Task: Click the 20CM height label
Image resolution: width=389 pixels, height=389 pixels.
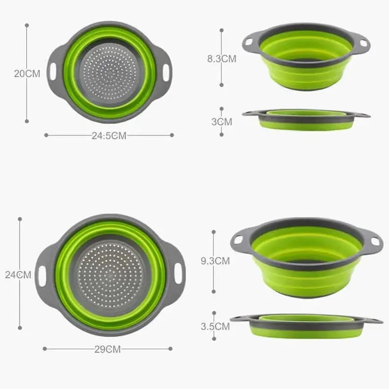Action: [x=26, y=74]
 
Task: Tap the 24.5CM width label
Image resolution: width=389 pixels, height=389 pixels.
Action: [x=108, y=136]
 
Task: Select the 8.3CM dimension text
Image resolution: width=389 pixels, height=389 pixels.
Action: [x=221, y=59]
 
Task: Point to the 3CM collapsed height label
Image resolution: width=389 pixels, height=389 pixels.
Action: [x=222, y=122]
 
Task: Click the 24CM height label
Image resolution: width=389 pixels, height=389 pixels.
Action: [x=18, y=275]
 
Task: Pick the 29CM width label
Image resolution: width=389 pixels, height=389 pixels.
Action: [x=107, y=349]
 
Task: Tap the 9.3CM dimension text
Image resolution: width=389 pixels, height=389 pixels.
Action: [x=215, y=261]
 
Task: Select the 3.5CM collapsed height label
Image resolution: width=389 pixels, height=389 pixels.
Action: [x=215, y=326]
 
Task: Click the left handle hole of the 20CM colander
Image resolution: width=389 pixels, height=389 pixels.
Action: [x=53, y=72]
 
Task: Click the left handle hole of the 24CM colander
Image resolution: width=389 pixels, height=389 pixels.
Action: [x=42, y=276]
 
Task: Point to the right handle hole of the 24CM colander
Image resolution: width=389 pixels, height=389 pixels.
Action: [x=178, y=273]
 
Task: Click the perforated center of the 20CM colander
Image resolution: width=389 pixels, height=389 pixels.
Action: [x=109, y=73]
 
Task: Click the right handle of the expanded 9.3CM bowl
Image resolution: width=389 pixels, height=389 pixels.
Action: [x=374, y=241]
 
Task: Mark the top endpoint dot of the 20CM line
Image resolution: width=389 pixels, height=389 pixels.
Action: [x=26, y=25]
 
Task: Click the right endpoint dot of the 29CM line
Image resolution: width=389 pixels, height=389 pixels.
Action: [x=170, y=349]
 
